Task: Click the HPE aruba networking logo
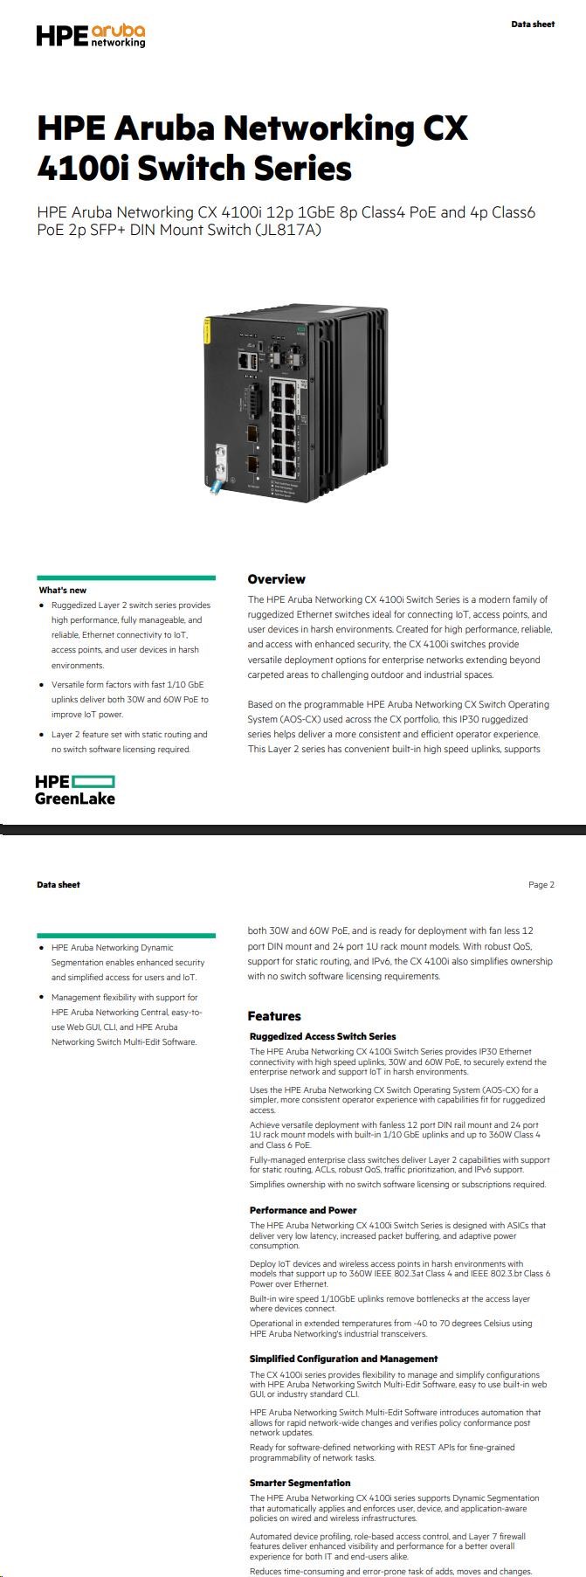pyautogui.click(x=90, y=35)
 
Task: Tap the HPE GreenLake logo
pyautogui.click(x=75, y=789)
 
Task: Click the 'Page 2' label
pyautogui.click(x=541, y=885)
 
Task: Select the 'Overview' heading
pyautogui.click(x=276, y=579)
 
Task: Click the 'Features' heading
pyautogui.click(x=274, y=1016)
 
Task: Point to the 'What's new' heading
pyautogui.click(x=63, y=591)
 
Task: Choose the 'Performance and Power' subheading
pyautogui.click(x=303, y=1210)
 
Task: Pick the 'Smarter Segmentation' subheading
pyautogui.click(x=300, y=1483)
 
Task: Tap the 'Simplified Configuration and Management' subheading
pyautogui.click(x=343, y=1359)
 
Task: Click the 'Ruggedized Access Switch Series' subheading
pyautogui.click(x=322, y=1036)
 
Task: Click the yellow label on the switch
pyautogui.click(x=207, y=332)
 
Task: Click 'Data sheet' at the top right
pyautogui.click(x=533, y=24)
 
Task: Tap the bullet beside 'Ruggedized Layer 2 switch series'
pyautogui.click(x=42, y=605)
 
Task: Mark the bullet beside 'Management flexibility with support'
pyautogui.click(x=42, y=998)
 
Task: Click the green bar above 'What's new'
pyautogui.click(x=127, y=578)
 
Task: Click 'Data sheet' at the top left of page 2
pyautogui.click(x=59, y=885)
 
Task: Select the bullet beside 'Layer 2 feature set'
pyautogui.click(x=42, y=735)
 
